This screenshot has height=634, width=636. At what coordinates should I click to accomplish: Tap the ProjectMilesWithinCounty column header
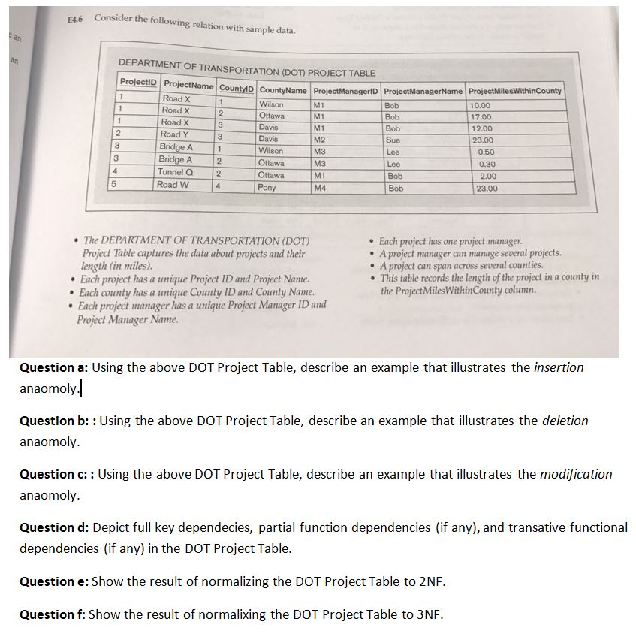tap(514, 91)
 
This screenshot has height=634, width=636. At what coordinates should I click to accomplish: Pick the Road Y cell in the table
tap(175, 134)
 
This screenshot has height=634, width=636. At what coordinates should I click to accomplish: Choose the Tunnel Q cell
tap(175, 172)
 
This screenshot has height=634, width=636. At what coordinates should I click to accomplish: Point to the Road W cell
tap(173, 185)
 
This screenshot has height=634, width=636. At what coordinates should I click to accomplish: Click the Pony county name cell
tap(267, 188)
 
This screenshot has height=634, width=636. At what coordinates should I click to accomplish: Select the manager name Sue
tap(393, 140)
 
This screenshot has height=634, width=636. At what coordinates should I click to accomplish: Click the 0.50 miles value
tap(487, 152)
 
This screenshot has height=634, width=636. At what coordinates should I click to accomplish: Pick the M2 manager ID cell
tap(318, 139)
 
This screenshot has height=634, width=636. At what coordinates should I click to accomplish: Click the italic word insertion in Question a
tap(558, 367)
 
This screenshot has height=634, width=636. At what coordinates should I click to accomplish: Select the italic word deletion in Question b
tap(565, 421)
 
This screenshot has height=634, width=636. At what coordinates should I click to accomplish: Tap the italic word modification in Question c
tap(576, 474)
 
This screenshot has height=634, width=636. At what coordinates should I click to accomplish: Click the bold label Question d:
tap(54, 527)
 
